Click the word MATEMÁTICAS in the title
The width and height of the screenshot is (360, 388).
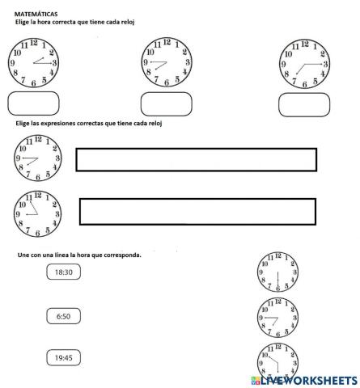36,15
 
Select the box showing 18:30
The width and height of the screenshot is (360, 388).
63,273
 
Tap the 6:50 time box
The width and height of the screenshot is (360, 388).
63,317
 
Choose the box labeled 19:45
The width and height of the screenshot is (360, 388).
63,357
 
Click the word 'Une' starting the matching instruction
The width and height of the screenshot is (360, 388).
23,255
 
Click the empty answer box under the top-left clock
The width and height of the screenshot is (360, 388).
32,103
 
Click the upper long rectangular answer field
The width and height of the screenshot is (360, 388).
196,158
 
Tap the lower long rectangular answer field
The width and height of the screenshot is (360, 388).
197,210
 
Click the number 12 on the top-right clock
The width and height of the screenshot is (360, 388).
304,43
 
